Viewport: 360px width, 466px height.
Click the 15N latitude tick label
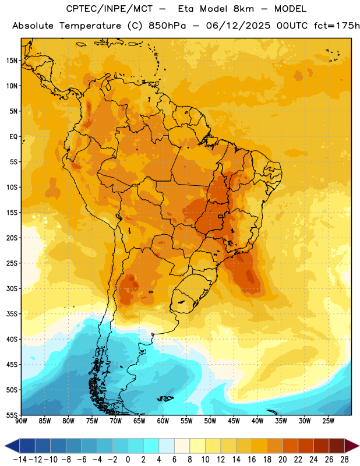12,61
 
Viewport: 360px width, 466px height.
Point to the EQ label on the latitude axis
13,137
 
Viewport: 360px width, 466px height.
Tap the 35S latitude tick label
12,314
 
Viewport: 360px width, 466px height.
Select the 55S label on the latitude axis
12,414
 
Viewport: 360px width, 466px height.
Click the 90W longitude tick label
21,421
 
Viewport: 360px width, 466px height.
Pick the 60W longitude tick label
163,421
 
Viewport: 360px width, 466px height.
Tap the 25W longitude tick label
328,421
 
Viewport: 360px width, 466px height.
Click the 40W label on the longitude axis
257,421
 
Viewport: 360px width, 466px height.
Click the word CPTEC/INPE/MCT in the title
110,9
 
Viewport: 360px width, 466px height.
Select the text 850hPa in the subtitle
167,26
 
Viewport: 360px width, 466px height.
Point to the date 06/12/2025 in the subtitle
238,26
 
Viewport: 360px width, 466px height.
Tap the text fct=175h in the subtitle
337,26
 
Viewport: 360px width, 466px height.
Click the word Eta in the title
186,9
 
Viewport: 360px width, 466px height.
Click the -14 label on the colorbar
20,460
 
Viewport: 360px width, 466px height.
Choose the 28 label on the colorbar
344,460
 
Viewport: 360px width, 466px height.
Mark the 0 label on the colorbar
128,460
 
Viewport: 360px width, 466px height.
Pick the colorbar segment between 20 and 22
291,446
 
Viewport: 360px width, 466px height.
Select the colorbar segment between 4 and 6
167,446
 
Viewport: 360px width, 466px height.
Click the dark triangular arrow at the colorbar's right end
352,446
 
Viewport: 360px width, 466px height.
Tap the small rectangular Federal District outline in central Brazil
221,216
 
